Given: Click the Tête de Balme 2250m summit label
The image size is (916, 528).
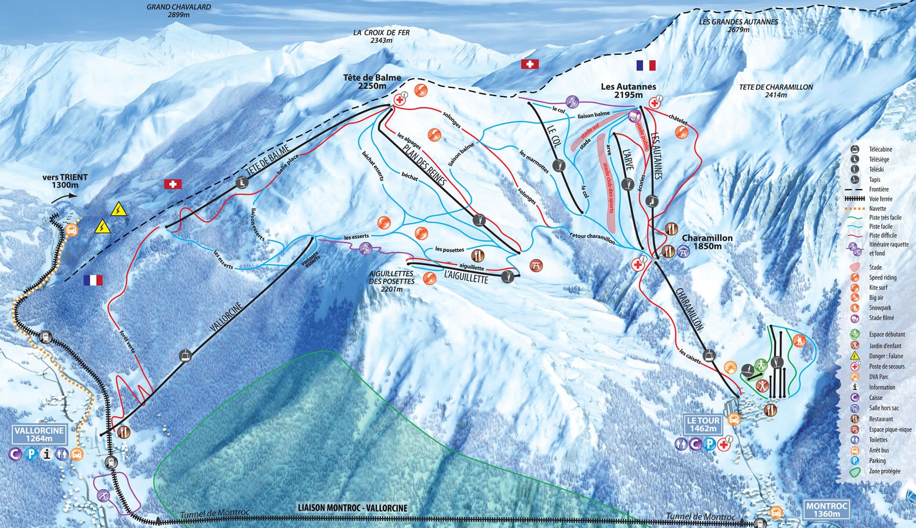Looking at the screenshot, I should (x=372, y=82).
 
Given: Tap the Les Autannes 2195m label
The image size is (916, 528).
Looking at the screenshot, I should (x=628, y=90).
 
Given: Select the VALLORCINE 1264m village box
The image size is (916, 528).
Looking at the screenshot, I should (x=39, y=434).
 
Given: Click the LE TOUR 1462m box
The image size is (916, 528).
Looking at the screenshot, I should (x=703, y=424).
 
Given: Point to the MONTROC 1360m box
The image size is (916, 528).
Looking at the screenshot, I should (x=826, y=510).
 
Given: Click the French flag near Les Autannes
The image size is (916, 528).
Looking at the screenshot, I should (x=646, y=65).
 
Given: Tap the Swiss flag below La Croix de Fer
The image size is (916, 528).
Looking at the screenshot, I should (x=530, y=64).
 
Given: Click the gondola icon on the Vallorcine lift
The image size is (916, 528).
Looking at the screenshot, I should (x=185, y=355).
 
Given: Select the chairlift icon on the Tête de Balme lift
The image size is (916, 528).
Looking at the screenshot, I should (x=242, y=182).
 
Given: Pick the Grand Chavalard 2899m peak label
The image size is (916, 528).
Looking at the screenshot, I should (x=178, y=10).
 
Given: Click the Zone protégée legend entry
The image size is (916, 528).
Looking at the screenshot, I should (x=884, y=471).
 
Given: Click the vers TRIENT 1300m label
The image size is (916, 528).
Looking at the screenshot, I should (x=65, y=181).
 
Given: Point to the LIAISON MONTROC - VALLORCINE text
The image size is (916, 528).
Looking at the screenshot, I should (x=353, y=508).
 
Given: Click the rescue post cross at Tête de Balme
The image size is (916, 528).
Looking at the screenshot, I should (x=399, y=100).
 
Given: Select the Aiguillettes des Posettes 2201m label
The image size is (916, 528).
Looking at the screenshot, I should (x=391, y=281).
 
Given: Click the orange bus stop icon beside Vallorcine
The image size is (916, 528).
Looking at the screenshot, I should (x=76, y=454).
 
